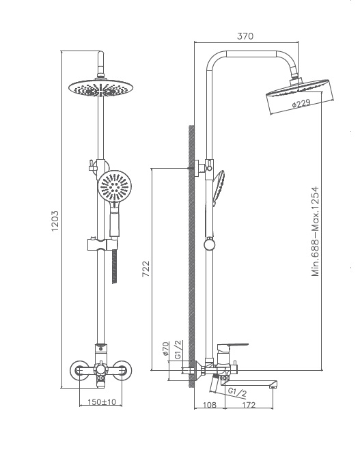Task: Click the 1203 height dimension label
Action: (x=55, y=221)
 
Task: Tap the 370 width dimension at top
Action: (x=245, y=36)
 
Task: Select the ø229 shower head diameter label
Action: (x=301, y=104)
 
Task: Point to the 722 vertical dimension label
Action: (x=146, y=268)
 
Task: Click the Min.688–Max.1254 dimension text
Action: (x=315, y=231)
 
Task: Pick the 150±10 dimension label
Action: (x=102, y=402)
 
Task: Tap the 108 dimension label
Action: (x=210, y=405)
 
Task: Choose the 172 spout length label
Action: (x=249, y=405)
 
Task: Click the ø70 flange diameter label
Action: (x=165, y=349)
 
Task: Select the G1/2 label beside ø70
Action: (x=178, y=350)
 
